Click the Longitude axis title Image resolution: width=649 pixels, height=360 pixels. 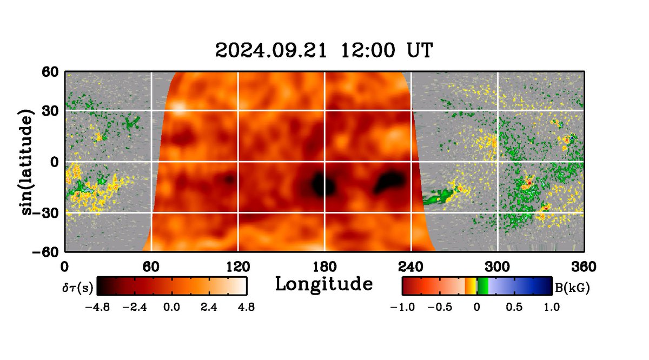tap(324, 283)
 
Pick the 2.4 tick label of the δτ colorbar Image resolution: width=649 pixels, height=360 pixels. tap(209, 307)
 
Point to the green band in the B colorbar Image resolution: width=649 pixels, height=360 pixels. tap(483, 286)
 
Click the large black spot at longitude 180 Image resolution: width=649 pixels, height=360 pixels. tap(323, 185)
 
